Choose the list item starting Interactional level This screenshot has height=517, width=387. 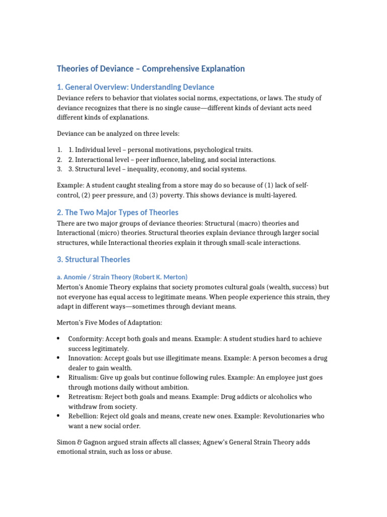(x=172, y=160)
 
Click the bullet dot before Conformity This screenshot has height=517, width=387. (x=59, y=339)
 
